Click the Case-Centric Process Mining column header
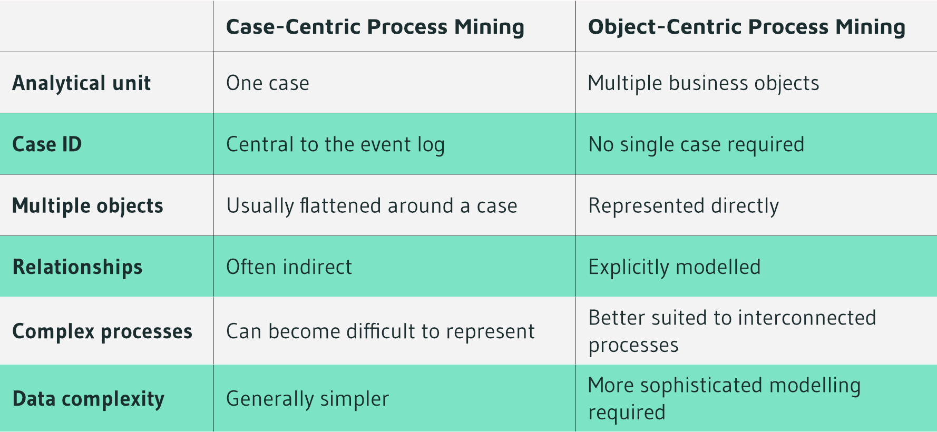pyautogui.click(x=375, y=27)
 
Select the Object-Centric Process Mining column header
pyautogui.click(x=747, y=27)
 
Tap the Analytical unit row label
pyautogui.click(x=82, y=83)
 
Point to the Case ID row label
pyautogui.click(x=47, y=144)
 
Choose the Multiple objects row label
pyautogui.click(x=87, y=206)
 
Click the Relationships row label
pyautogui.click(x=77, y=267)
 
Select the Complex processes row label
pyautogui.click(x=102, y=331)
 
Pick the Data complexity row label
pyautogui.click(x=89, y=399)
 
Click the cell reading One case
pyautogui.click(x=268, y=83)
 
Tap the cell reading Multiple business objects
pyautogui.click(x=704, y=83)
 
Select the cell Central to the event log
pyautogui.click(x=336, y=144)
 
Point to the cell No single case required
pyautogui.click(x=696, y=144)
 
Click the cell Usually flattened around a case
pyautogui.click(x=372, y=206)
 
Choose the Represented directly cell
pyautogui.click(x=684, y=206)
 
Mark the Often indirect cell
pyautogui.click(x=289, y=267)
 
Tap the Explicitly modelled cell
pyautogui.click(x=675, y=267)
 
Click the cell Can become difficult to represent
pyautogui.click(x=380, y=331)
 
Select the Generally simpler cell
pyautogui.click(x=308, y=399)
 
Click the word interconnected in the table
pyautogui.click(x=807, y=318)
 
